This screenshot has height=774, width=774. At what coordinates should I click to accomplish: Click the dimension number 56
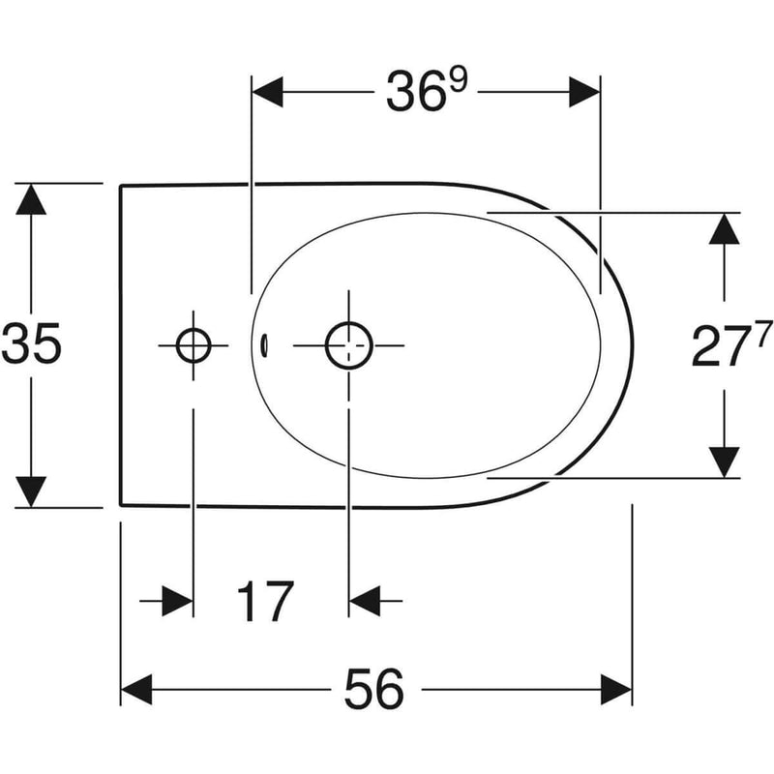pyautogui.click(x=374, y=690)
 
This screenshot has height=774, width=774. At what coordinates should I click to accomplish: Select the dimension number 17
pyautogui.click(x=265, y=601)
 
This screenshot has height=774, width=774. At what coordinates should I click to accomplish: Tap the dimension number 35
pyautogui.click(x=32, y=343)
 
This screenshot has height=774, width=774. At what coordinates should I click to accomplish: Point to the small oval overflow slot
pyautogui.click(x=264, y=345)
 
